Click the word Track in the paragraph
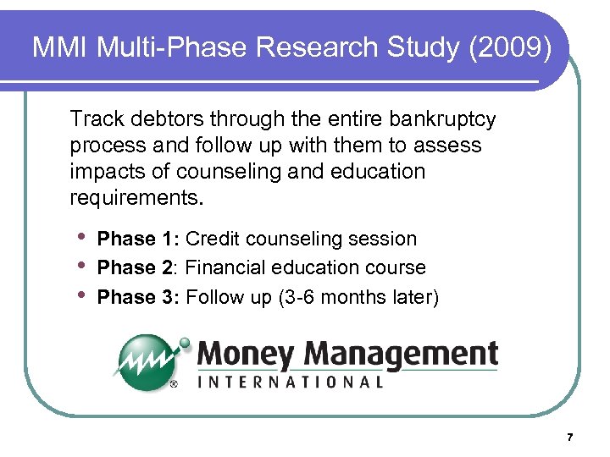click(95, 118)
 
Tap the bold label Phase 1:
click(139, 240)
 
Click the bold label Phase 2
click(136, 268)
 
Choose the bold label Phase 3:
click(139, 297)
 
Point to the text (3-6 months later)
click(358, 297)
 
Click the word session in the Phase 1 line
click(385, 240)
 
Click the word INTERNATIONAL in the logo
click(291, 382)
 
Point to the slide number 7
click(569, 437)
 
